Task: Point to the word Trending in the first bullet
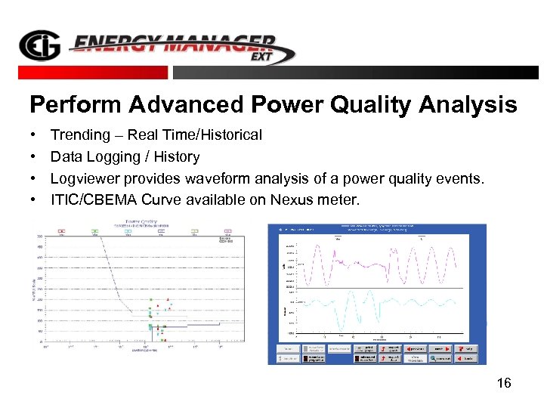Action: [80, 135]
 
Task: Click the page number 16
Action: [504, 384]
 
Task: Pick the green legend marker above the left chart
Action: [94, 231]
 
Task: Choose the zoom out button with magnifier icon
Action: [438, 359]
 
